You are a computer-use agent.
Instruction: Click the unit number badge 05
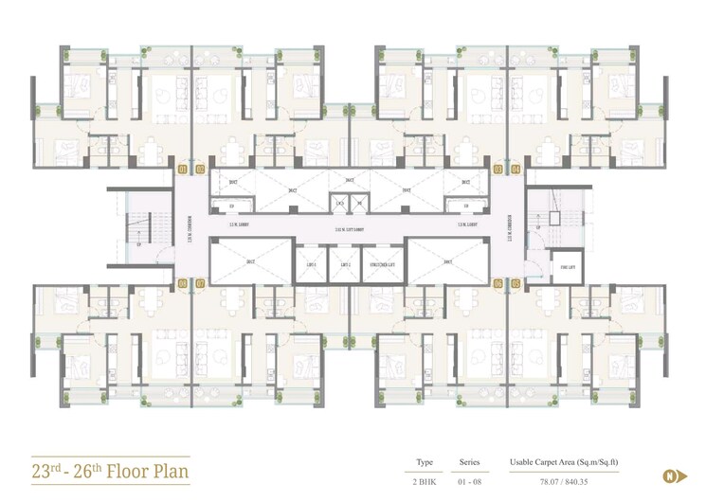pyautogui.click(x=516, y=283)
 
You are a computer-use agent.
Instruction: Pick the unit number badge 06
pyautogui.click(x=498, y=283)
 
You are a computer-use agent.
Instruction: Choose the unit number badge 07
pyautogui.click(x=200, y=283)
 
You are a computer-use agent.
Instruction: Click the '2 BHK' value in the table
pyautogui.click(x=425, y=481)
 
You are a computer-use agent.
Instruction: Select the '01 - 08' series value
pyautogui.click(x=470, y=481)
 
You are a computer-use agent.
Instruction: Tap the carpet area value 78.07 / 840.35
pyautogui.click(x=565, y=481)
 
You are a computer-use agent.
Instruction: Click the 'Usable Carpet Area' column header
pyautogui.click(x=565, y=462)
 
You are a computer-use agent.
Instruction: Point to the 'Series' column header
pyautogui.click(x=470, y=462)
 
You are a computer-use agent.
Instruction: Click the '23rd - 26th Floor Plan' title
pyautogui.click(x=110, y=470)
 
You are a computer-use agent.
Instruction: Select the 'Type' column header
pyautogui.click(x=425, y=462)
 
